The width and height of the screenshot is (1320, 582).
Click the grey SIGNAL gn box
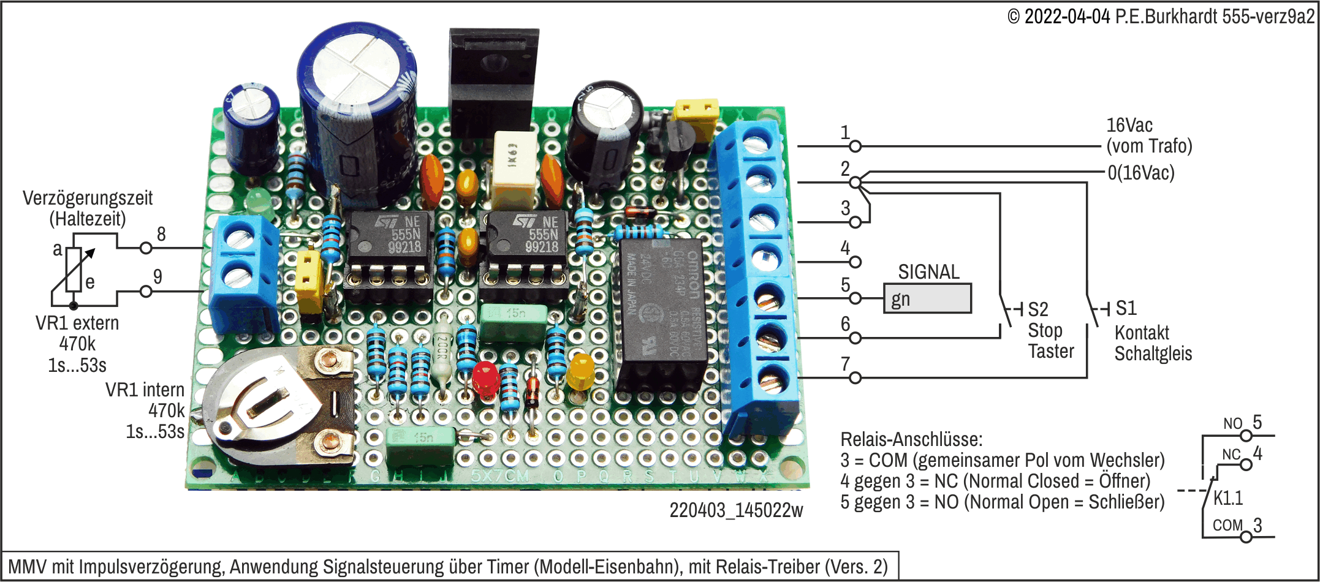927,298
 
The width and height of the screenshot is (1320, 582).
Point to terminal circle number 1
855,146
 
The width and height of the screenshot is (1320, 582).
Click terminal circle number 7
855,377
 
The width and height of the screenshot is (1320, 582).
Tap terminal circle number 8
146,248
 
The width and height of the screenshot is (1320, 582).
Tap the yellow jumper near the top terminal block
696,111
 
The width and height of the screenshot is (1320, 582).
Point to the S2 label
1038,309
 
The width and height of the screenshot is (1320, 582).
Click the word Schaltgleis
1153,353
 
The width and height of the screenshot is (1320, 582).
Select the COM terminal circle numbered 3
1246,537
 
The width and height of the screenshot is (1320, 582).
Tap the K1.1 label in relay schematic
1228,498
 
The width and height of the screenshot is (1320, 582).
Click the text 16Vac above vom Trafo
1129,126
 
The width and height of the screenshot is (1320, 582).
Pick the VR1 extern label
77,323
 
